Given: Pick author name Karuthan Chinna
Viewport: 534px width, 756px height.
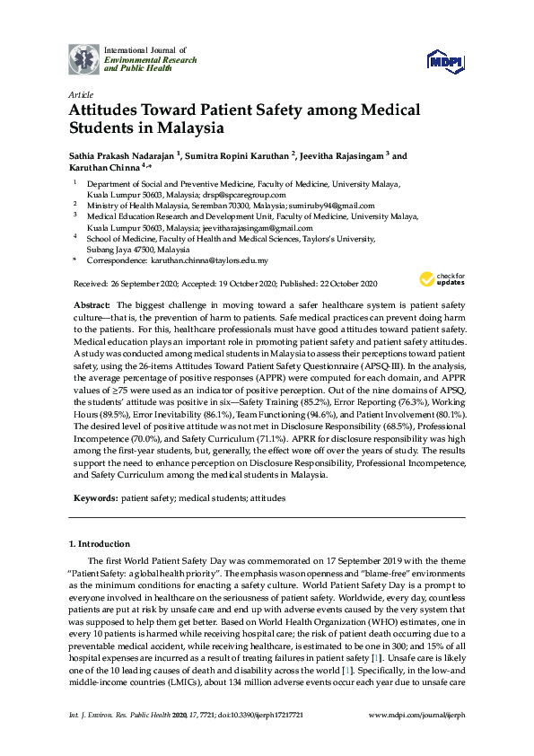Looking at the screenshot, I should (x=104, y=168).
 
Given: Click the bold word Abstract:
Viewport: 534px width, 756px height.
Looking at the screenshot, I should (x=92, y=306).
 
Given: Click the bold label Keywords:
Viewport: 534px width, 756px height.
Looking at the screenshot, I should (x=93, y=497).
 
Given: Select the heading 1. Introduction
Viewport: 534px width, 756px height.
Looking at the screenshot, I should (x=100, y=544).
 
